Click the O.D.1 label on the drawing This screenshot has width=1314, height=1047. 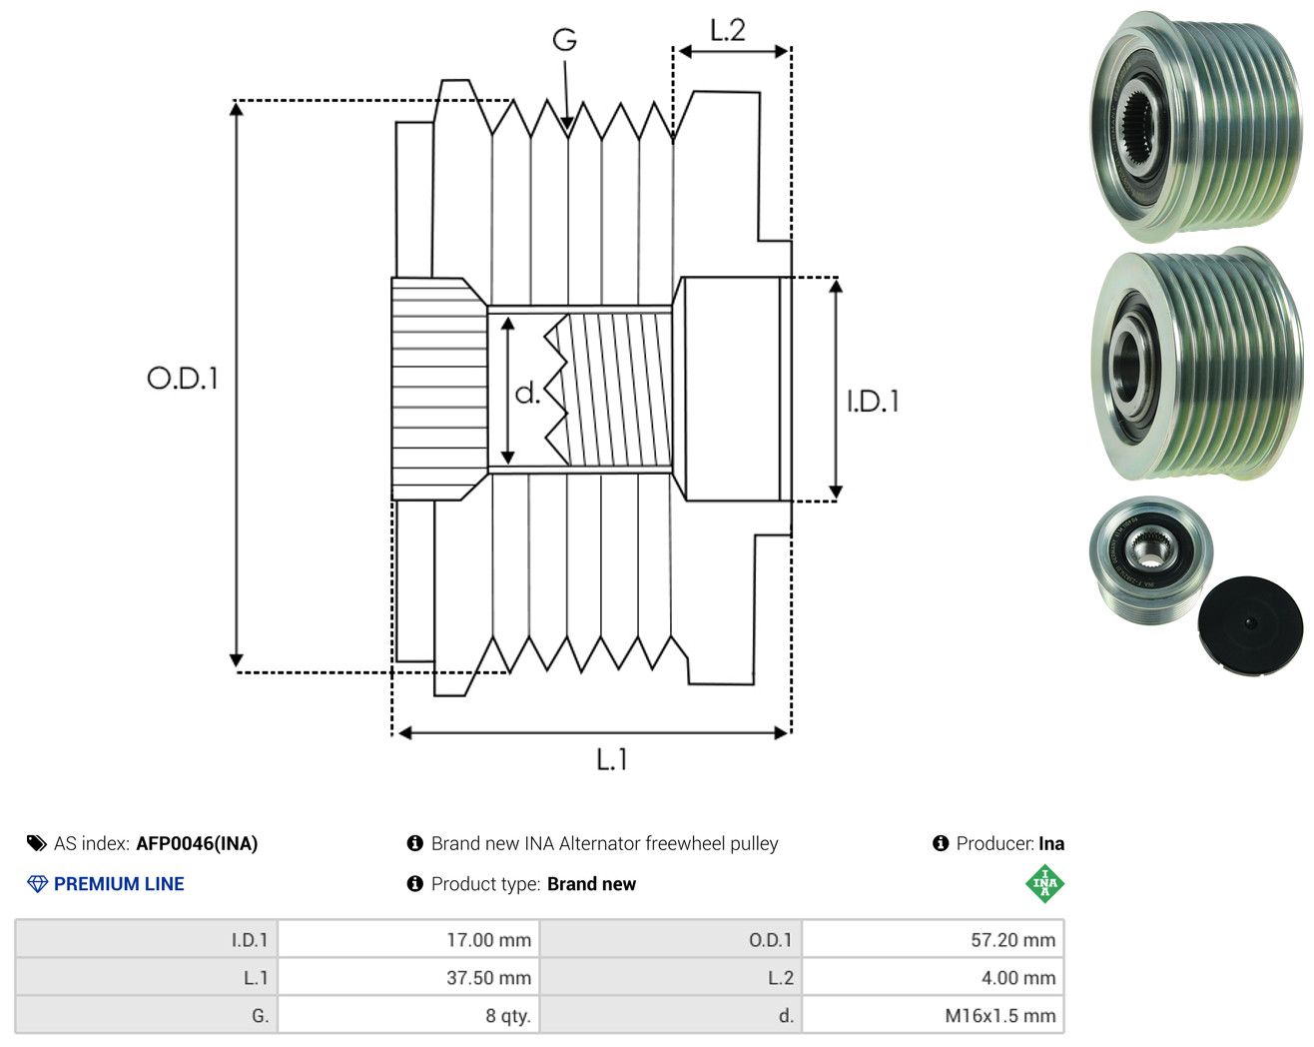pos(183,378)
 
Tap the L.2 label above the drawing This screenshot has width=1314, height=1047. pos(728,30)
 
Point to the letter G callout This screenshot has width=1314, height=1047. pos(565,40)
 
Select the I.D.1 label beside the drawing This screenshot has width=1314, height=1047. pos(873,402)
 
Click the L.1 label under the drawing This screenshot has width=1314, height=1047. pos(612,759)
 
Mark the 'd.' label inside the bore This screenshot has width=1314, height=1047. pos(527,393)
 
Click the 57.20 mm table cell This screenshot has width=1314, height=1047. pos(933,939)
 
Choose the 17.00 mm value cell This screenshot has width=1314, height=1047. pos(408,939)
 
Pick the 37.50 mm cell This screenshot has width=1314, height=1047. pos(408,977)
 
